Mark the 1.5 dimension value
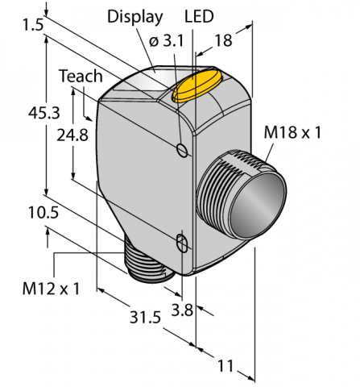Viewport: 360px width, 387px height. pos(33,26)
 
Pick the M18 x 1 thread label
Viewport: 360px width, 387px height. pos(293,133)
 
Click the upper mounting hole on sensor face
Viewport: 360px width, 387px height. pos(183,149)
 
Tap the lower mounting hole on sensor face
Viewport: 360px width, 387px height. pos(182,243)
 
